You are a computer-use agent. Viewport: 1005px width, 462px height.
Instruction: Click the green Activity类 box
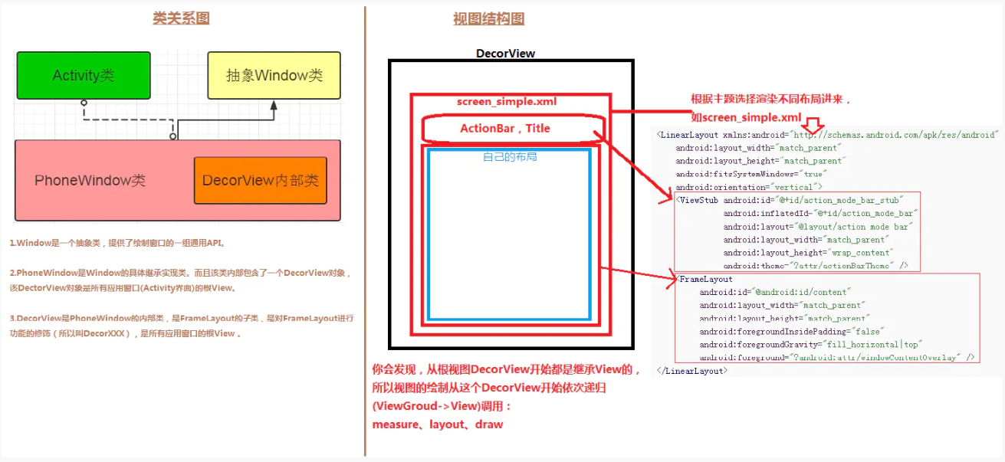click(x=84, y=75)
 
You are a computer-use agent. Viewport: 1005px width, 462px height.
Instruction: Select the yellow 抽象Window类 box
click(x=274, y=75)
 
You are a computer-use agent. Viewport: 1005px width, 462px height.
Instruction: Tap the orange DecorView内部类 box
click(x=260, y=181)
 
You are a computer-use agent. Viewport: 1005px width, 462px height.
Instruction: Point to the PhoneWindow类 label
click(x=90, y=181)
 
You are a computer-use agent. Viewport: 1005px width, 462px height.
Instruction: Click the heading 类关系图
click(x=181, y=18)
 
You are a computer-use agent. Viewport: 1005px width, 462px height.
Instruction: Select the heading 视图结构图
click(x=488, y=19)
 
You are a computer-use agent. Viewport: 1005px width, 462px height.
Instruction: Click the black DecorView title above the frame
click(x=505, y=54)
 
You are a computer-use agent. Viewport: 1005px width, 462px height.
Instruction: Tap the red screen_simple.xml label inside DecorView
click(x=507, y=101)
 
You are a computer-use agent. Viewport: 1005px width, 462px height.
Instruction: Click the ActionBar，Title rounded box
click(x=505, y=129)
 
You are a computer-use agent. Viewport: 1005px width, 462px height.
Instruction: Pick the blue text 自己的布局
click(x=510, y=156)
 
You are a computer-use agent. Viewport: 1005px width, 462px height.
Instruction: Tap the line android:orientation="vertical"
click(x=748, y=187)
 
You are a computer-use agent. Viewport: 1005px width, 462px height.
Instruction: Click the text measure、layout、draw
click(x=438, y=424)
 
